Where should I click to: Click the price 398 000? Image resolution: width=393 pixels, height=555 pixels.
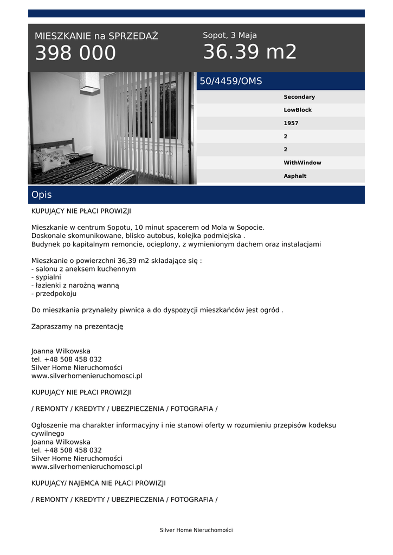point(75,54)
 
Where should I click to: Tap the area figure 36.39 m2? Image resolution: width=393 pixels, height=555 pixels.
point(250,52)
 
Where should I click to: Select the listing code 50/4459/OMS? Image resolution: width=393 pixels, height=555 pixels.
point(231,81)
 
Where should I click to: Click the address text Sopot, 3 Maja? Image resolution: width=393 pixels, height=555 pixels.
point(230,35)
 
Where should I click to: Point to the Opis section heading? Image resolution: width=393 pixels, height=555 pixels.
point(42,195)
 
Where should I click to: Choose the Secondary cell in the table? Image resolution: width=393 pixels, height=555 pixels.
point(299,97)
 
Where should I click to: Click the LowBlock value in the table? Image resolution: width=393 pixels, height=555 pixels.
point(298,110)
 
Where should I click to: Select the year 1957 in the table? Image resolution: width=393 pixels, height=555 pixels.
point(291,123)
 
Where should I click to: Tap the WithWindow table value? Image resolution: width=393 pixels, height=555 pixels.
point(302,163)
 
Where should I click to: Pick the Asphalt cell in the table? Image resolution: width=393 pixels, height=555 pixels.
point(295,176)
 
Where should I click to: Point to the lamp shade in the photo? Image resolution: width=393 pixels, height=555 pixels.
point(89,82)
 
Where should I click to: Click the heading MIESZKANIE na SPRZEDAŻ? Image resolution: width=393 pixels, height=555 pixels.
point(96,36)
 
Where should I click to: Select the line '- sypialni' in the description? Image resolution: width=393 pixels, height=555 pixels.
point(46,277)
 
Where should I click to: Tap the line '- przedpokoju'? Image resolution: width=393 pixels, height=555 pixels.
point(54,294)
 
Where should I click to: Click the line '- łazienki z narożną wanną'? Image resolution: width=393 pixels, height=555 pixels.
point(75,285)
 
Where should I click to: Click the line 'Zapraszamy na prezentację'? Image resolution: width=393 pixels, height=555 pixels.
point(78,327)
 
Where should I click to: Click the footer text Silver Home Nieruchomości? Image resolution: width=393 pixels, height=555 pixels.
point(196,530)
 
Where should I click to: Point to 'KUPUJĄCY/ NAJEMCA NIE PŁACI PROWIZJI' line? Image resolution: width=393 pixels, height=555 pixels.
point(99,483)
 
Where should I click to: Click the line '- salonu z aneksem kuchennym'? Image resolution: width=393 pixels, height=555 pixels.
point(83,269)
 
